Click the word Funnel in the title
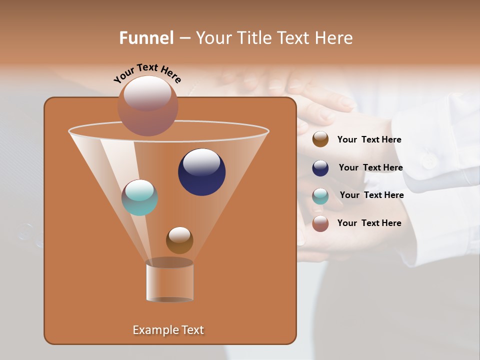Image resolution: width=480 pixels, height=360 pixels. point(146,38)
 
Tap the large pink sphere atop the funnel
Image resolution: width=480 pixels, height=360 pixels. point(148,105)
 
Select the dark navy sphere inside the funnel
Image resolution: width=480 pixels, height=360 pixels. point(202,172)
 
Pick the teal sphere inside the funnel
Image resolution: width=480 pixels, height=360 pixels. point(140,197)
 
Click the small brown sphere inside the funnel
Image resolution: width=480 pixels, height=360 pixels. point(179,240)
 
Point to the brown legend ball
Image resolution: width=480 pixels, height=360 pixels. point(320,139)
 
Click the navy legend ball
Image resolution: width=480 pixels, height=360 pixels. point(320,168)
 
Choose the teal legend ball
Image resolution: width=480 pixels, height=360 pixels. point(320,196)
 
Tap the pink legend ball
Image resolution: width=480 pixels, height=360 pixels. point(320,223)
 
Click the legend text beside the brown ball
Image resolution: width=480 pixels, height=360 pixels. point(369,139)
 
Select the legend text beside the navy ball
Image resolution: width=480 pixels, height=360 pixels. point(370,167)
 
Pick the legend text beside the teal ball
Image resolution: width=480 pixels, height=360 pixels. point(371,195)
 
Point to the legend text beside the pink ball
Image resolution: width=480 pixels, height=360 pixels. point(369,223)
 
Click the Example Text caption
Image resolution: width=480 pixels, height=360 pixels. point(168,330)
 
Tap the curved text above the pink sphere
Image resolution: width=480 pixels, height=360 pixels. point(147,73)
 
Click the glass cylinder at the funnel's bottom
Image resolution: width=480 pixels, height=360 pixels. point(170,281)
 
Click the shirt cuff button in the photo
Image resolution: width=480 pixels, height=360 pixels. point(428,161)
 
